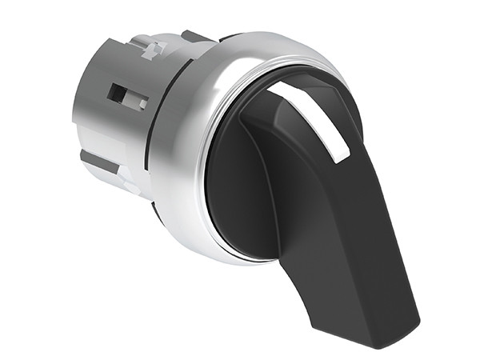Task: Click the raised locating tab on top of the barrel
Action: tap(150, 47)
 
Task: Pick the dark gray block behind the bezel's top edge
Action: tap(193, 37)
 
